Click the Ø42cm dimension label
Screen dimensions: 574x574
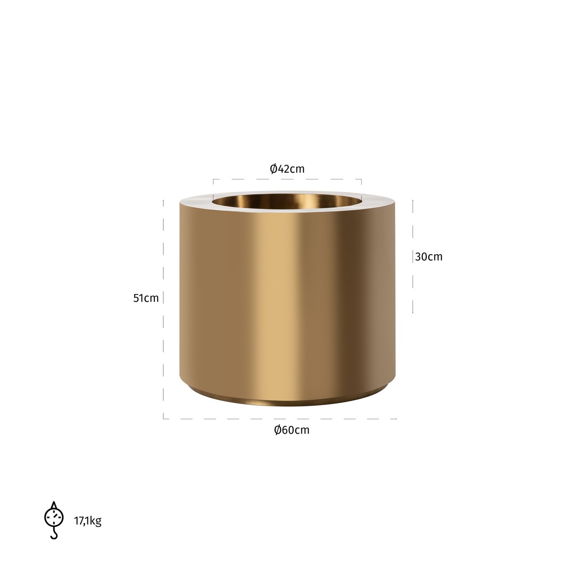pyautogui.click(x=287, y=169)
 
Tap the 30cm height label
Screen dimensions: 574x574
pyautogui.click(x=429, y=257)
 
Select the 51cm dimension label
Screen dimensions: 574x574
pyautogui.click(x=146, y=298)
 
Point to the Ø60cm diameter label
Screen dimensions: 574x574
pyautogui.click(x=291, y=430)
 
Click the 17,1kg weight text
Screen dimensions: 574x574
pyautogui.click(x=87, y=521)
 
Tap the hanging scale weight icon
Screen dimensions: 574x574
pyautogui.click(x=54, y=520)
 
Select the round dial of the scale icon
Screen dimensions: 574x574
pyautogui.click(x=54, y=517)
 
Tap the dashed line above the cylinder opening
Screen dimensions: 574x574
pyautogui.click(x=287, y=179)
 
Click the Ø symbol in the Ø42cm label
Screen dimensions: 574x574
pyautogui.click(x=273, y=169)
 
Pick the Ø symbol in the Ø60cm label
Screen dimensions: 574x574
pyautogui.click(x=278, y=430)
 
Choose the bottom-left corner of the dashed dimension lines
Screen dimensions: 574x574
pyautogui.click(x=163, y=419)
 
